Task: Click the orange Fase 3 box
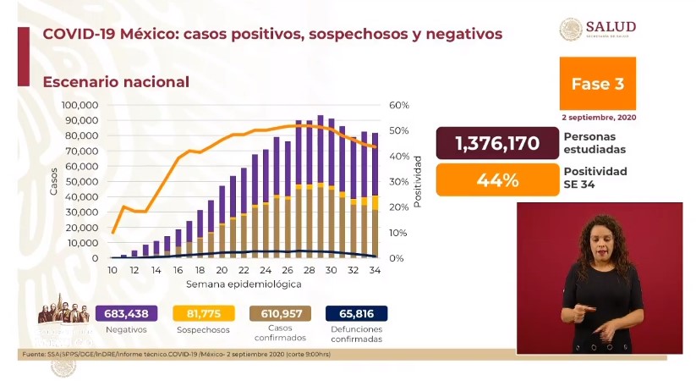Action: point(597,83)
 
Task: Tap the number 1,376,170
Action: point(496,143)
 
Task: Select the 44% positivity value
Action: point(496,179)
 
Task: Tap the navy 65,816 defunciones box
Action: point(356,314)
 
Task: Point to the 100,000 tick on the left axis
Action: point(80,105)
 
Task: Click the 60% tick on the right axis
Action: point(399,105)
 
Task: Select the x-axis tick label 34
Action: point(375,270)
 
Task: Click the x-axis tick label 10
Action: point(112,270)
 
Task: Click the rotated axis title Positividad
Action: point(418,181)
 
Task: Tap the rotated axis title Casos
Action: point(53,181)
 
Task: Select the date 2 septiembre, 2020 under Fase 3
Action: point(598,116)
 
